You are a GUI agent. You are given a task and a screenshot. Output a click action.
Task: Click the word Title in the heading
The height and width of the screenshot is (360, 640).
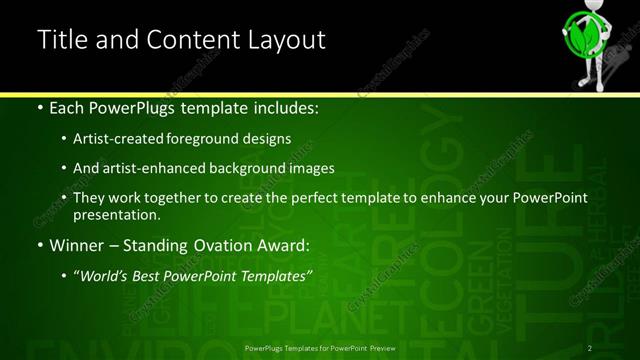pos(62,40)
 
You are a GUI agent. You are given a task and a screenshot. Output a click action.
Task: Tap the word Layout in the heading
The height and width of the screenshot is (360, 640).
pos(280,40)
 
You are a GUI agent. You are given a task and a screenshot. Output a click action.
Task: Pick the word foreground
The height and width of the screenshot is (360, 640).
pos(219,139)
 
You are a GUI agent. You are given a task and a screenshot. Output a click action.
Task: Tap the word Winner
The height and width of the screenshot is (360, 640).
pos(75,245)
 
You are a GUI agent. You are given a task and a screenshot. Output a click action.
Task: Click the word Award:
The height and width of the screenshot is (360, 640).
pos(283,245)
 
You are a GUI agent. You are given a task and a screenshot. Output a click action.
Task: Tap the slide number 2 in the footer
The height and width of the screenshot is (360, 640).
pos(590,348)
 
